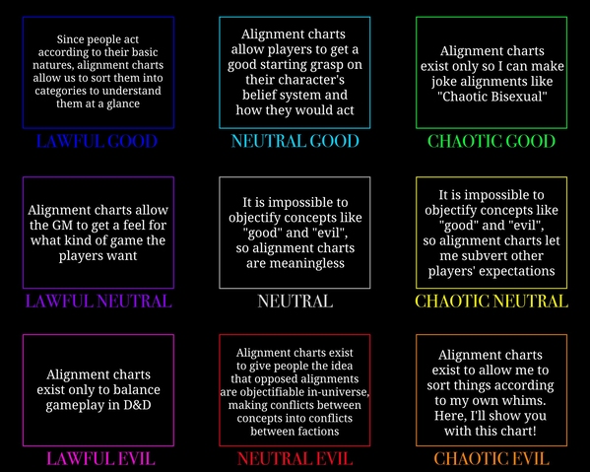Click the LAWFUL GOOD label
point(97,141)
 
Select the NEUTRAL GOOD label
point(295,141)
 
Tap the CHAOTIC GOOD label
point(492,141)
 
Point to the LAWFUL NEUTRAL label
point(98,302)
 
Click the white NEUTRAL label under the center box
point(295,302)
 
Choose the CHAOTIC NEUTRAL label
point(492,302)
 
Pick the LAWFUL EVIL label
point(100,458)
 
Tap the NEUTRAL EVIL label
point(295,458)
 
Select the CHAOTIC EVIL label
point(492,458)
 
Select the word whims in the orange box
point(523,400)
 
